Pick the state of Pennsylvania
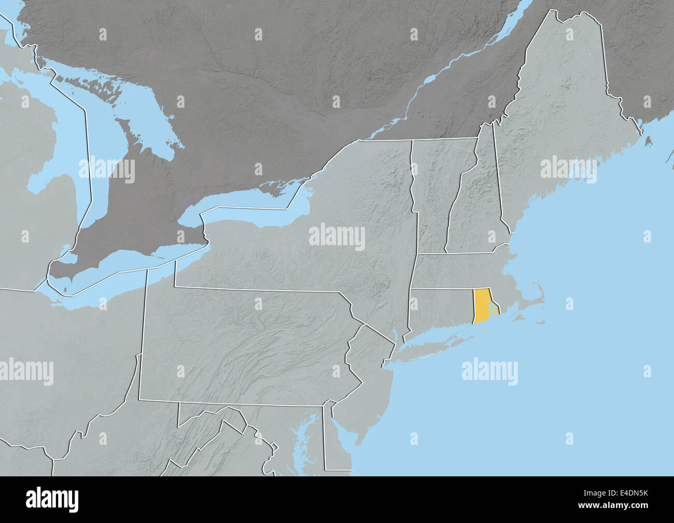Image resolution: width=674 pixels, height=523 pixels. click(249, 347)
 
